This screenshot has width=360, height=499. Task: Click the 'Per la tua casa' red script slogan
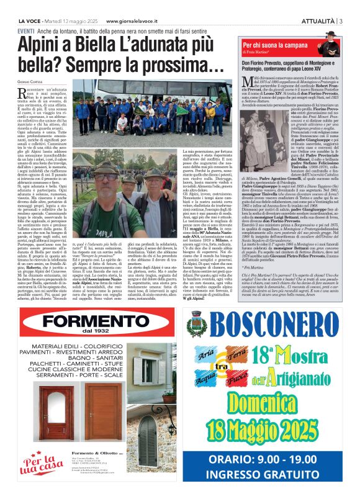click(x=38, y=463)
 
